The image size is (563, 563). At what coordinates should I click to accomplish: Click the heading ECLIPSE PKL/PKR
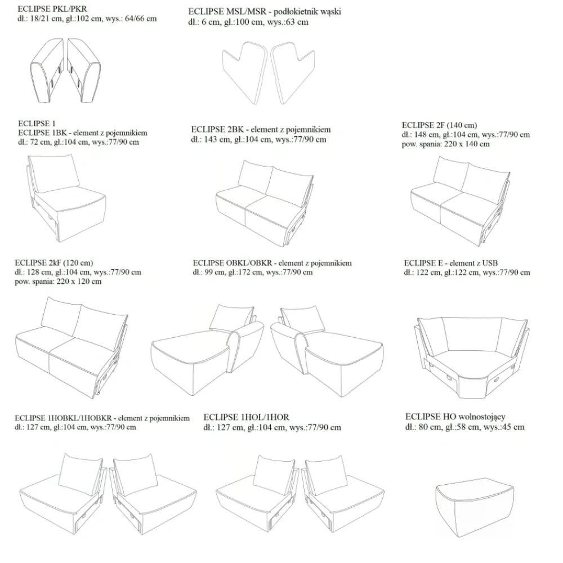pyautogui.click(x=52, y=9)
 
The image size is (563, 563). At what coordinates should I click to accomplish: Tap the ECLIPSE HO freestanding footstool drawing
pyautogui.click(x=475, y=507)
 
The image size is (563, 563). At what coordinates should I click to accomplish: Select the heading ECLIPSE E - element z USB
pyautogui.click(x=450, y=263)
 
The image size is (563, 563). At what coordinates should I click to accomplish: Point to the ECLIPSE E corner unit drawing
pyautogui.click(x=472, y=358)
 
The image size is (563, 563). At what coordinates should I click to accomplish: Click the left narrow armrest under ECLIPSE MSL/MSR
pyautogui.click(x=244, y=73)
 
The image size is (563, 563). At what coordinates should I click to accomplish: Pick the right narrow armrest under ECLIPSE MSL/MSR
pyautogui.click(x=293, y=73)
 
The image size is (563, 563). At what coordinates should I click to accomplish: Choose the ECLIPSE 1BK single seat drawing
pyautogui.click(x=66, y=198)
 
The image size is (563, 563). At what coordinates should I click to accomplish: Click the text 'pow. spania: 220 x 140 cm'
pyautogui.click(x=445, y=144)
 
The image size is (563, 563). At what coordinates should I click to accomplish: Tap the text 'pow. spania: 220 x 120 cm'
pyautogui.click(x=58, y=281)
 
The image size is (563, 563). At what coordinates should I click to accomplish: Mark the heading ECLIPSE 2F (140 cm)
pyautogui.click(x=440, y=125)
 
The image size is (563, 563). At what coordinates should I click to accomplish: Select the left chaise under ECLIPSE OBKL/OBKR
pyautogui.click(x=208, y=350)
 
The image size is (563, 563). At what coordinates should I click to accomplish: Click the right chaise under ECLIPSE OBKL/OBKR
pyautogui.click(x=327, y=350)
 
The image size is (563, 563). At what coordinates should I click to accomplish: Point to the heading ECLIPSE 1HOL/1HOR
pyautogui.click(x=247, y=417)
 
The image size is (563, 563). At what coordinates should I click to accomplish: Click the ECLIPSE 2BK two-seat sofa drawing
pyautogui.click(x=265, y=203)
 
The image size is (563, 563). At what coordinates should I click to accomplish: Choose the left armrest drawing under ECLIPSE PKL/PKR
pyautogui.click(x=47, y=70)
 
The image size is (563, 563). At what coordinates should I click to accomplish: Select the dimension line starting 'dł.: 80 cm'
pyautogui.click(x=465, y=427)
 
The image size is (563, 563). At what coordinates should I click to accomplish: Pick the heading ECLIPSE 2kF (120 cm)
pyautogui.click(x=54, y=263)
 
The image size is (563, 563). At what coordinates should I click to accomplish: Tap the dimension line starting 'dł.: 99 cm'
pyautogui.click(x=253, y=272)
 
